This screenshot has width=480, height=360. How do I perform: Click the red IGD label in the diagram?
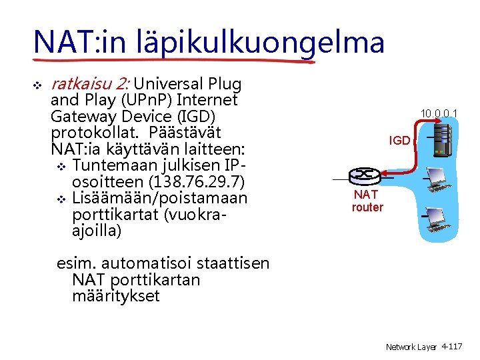point(400,141)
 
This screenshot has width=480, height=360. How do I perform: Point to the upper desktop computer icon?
point(437,179)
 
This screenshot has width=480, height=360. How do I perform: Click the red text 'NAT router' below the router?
point(367,201)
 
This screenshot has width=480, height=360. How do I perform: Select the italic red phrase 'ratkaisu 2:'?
point(90,85)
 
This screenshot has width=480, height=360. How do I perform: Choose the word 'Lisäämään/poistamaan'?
point(159,198)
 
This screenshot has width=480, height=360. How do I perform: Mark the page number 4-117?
point(453,347)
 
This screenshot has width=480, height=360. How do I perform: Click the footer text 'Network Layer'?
point(411,347)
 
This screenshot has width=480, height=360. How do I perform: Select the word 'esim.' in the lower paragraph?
point(74,263)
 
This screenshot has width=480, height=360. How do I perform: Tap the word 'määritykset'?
point(115,295)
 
